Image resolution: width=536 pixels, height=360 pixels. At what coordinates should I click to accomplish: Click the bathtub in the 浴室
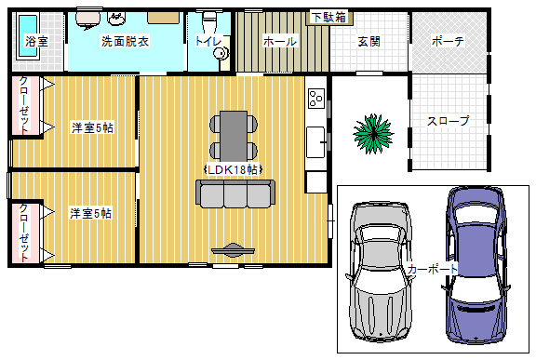tap(27, 36)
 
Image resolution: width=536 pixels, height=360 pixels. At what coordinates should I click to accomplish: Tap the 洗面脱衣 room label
tap(125, 41)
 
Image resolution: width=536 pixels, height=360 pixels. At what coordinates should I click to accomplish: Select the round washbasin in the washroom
tap(116, 18)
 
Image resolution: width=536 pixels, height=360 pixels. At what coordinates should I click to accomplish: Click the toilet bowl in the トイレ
tap(208, 20)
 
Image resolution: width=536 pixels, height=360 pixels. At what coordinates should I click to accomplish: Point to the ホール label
tap(279, 42)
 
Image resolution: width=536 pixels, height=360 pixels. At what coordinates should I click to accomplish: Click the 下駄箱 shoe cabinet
tap(329, 18)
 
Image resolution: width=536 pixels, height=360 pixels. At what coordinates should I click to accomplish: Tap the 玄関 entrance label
tap(368, 42)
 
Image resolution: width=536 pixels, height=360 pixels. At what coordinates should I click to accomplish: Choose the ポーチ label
tap(448, 42)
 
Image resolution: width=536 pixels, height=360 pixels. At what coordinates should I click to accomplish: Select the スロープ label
tap(448, 121)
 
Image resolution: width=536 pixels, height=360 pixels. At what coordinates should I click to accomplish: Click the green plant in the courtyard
tap(373, 134)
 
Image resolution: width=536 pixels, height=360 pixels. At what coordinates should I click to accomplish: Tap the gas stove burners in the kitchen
tap(315, 99)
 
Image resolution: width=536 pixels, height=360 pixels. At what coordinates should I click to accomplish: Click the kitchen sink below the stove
tap(315, 142)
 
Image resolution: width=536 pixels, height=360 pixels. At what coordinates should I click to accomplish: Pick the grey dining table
tap(234, 136)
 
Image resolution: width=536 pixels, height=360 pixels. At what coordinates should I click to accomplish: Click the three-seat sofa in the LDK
tap(235, 193)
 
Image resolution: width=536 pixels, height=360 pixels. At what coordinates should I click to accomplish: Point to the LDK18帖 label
tap(233, 169)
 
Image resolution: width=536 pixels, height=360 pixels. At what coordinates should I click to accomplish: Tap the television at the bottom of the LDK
tap(234, 250)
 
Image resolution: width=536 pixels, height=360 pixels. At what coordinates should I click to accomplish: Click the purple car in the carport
tap(476, 265)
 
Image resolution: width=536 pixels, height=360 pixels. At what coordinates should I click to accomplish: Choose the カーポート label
tap(432, 269)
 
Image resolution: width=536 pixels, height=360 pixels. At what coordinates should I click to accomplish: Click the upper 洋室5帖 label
tap(92, 127)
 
